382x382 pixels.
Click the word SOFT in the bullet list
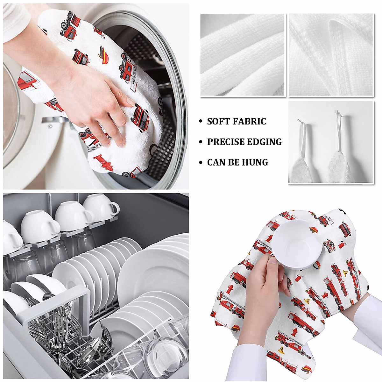pos(218,122)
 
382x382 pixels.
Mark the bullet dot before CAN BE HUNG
pos(200,163)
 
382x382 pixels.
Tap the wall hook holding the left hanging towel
pos(299,121)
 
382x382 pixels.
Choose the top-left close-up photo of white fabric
pos(242,55)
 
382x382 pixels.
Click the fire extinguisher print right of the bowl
pos(342,245)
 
